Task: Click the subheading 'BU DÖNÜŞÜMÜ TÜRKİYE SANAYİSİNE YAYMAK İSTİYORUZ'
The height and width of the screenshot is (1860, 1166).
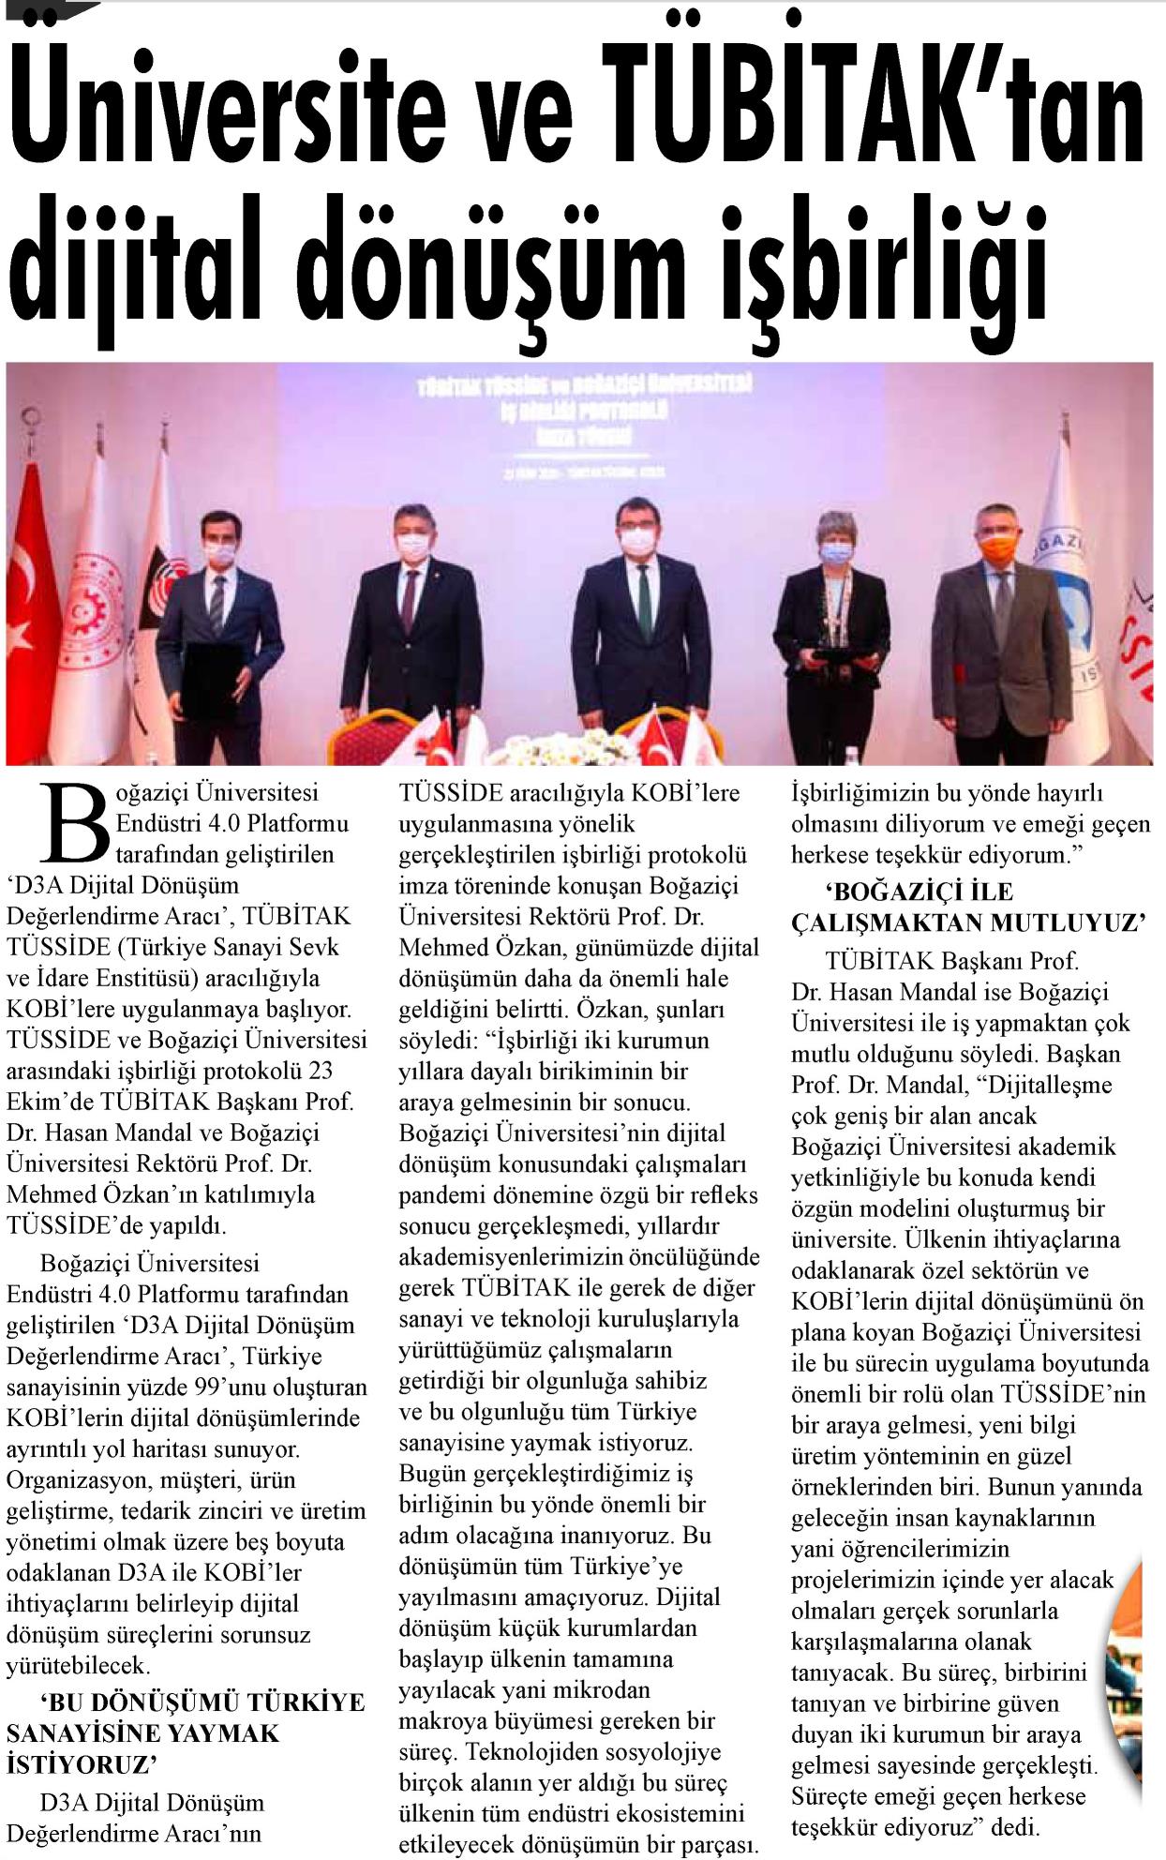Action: pyautogui.click(x=185, y=1732)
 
